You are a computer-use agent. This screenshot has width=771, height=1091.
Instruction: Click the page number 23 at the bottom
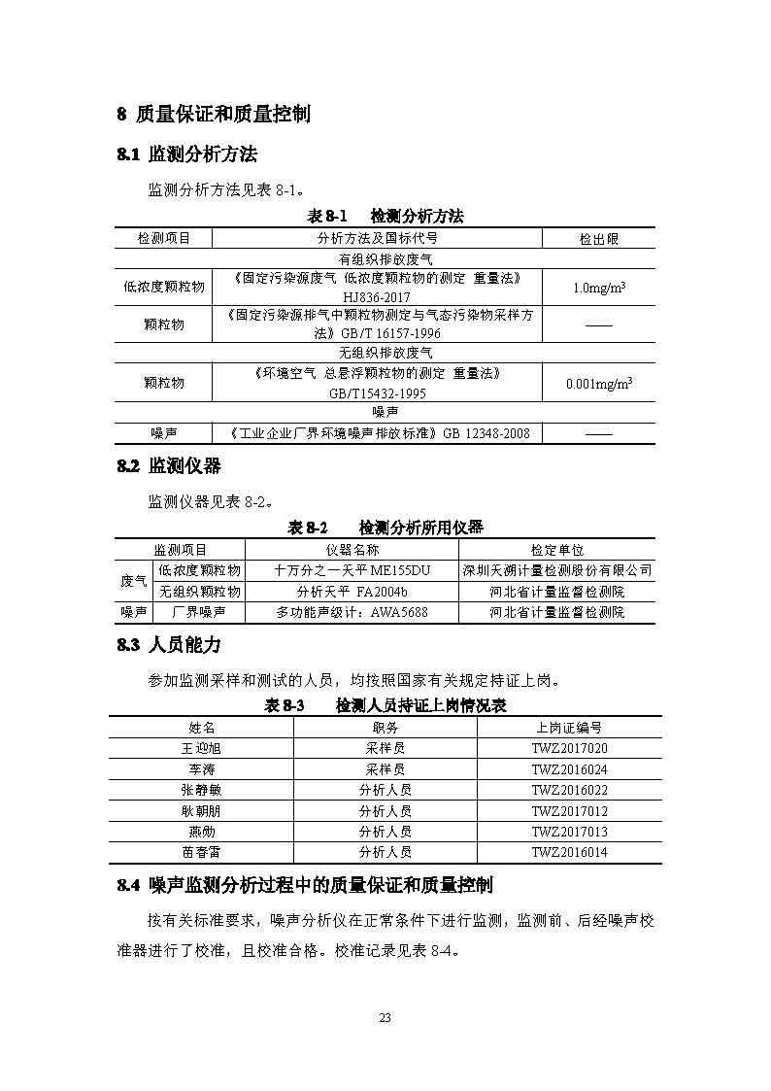click(385, 1017)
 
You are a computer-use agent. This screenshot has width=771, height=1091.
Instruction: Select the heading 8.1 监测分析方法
click(186, 154)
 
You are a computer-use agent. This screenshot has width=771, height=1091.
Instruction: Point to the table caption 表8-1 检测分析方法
click(385, 216)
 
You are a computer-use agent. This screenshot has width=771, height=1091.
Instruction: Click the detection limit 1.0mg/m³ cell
click(598, 288)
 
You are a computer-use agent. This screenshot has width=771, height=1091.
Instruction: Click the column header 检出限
click(598, 238)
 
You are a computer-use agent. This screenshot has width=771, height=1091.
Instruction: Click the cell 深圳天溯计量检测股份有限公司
click(556, 570)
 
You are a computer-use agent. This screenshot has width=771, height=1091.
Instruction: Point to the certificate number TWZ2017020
click(569, 748)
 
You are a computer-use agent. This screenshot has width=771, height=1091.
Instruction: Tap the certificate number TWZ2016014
click(569, 852)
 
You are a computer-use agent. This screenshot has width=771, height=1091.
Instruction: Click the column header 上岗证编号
click(569, 727)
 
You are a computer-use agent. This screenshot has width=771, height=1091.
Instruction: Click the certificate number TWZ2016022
click(569, 790)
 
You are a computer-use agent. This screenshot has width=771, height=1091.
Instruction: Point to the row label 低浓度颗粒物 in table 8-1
click(164, 287)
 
